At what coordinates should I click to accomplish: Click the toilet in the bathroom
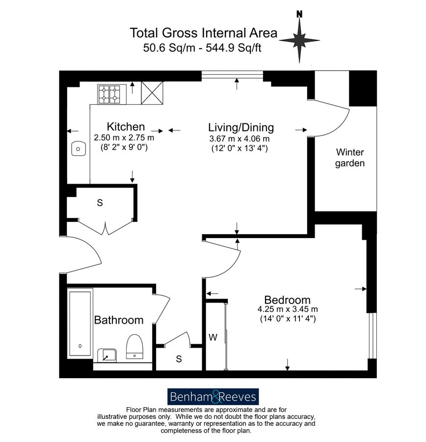134,347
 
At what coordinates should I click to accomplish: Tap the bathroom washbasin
106,355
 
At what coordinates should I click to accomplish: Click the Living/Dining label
241,128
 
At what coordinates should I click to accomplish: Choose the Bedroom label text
287,300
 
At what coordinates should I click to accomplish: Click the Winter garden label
350,158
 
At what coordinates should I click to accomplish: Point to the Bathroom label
119,320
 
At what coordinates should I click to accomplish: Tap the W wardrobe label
213,337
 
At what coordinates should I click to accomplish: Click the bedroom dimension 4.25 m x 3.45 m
288,309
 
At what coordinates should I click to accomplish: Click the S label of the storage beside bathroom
179,359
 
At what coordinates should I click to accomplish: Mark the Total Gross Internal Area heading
203,33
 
